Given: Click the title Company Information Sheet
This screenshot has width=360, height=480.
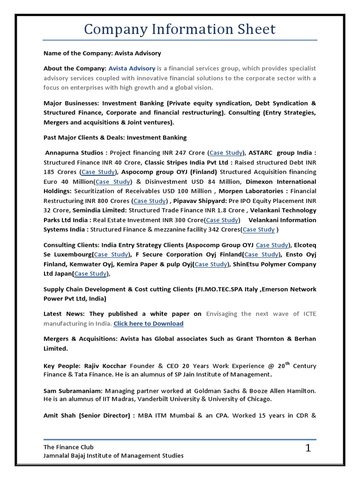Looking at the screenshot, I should click(180, 29).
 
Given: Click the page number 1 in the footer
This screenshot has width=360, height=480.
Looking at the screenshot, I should click(308, 449).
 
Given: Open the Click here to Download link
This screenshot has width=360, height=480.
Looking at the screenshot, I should click(149, 323).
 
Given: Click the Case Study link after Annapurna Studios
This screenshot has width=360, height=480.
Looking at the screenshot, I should click(226, 152).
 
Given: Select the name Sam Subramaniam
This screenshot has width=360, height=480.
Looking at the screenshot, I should click(73, 390).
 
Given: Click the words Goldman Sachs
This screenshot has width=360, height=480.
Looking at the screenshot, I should click(223, 390).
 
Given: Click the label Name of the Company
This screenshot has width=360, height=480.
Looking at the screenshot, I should click(80, 53).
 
